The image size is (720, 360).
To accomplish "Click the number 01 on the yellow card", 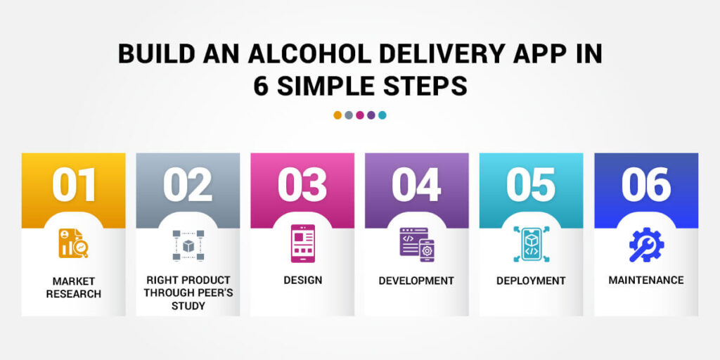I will [x=74, y=185].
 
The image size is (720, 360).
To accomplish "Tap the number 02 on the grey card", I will [x=188, y=185].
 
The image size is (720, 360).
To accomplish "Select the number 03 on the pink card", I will [x=302, y=185].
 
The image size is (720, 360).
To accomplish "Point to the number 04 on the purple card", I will [x=416, y=185].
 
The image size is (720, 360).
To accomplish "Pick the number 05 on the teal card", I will [x=531, y=185].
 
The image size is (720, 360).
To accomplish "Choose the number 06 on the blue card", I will [x=645, y=185].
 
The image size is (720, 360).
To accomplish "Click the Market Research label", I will [x=74, y=287].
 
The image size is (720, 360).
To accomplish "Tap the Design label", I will [x=303, y=280].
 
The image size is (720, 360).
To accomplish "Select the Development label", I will [x=416, y=281].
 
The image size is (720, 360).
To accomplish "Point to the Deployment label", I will [x=531, y=281].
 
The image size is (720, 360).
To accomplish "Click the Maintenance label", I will [x=645, y=280].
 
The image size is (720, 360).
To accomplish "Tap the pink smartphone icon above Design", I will [x=303, y=243].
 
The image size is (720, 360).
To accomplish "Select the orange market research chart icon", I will [x=73, y=244].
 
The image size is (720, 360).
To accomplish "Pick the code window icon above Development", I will [x=416, y=244].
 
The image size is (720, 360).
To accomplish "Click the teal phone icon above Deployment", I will [x=531, y=244].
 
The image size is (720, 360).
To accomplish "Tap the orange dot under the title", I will [x=338, y=115].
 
